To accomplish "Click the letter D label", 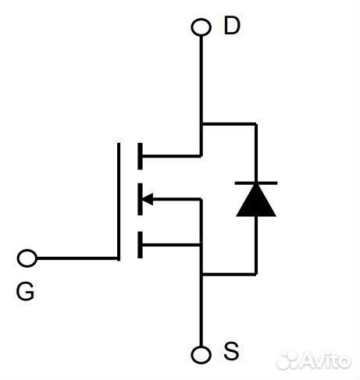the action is (x=232, y=26).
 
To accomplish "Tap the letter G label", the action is (x=25, y=293).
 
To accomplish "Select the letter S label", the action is (x=231, y=352).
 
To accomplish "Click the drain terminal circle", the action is (x=201, y=27).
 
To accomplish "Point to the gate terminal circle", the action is (x=27, y=257).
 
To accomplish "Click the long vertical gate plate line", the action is (x=119, y=201).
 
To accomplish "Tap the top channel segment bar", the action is (x=140, y=155).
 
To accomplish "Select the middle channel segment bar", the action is (x=140, y=200).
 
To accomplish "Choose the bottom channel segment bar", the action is (x=140, y=245).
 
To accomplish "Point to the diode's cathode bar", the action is (x=255, y=184).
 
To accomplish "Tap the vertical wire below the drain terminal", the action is (x=201, y=78).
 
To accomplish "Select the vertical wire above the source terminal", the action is (x=201, y=312).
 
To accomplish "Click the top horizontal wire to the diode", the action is (x=229, y=123).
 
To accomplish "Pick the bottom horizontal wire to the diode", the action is (x=229, y=274).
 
